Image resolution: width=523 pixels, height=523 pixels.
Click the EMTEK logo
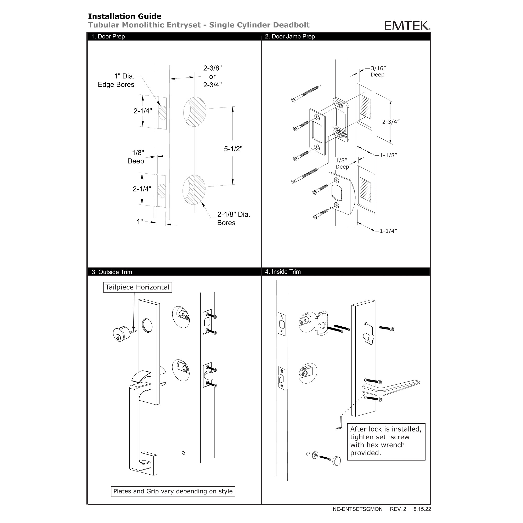[x=407, y=25]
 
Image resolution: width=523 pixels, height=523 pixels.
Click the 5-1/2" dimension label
[x=233, y=149]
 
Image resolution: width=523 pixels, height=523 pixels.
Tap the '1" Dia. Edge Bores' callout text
[x=116, y=80]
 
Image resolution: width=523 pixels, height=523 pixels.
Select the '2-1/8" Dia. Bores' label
[x=233, y=218]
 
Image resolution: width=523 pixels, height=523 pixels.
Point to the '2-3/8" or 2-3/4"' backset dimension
[x=213, y=77]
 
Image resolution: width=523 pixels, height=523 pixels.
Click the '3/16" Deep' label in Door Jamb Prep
[x=378, y=71]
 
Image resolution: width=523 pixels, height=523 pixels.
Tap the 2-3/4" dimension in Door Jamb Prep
[x=391, y=122]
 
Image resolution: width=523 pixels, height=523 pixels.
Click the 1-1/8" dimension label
[x=388, y=155]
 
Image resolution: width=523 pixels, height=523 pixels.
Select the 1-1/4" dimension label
[x=388, y=231]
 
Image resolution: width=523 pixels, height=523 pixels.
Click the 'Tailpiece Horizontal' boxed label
[x=138, y=287]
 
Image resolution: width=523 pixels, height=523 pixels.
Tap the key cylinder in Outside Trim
[x=122, y=334]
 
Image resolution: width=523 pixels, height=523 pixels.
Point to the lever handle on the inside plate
[x=391, y=388]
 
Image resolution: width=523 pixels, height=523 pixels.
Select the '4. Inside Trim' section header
[x=283, y=272]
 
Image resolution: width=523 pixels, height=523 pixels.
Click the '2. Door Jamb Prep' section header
[x=290, y=37]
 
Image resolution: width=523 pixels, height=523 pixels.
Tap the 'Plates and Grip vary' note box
[x=173, y=491]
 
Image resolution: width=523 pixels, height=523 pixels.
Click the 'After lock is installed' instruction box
[x=386, y=441]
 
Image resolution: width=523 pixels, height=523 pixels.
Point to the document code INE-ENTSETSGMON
[x=357, y=509]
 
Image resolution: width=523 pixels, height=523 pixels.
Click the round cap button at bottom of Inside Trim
[x=337, y=461]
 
